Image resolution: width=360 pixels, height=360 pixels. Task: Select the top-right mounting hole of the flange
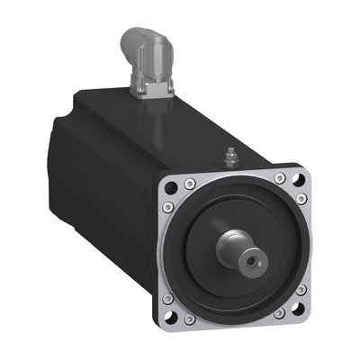[x=301, y=178]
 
